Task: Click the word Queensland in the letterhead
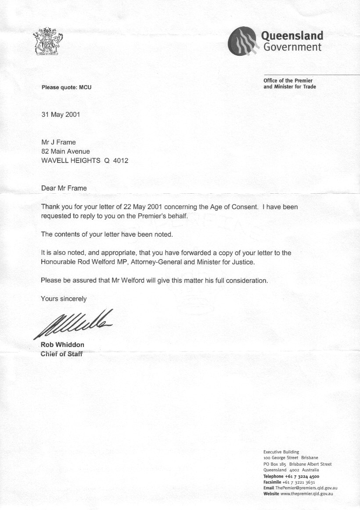292,36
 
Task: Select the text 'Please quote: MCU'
66,87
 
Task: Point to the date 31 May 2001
61,115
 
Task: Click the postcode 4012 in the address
121,161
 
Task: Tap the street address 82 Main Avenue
65,152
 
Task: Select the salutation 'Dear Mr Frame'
64,188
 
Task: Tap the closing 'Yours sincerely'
64,299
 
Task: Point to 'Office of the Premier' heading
288,81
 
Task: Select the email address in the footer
306,488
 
